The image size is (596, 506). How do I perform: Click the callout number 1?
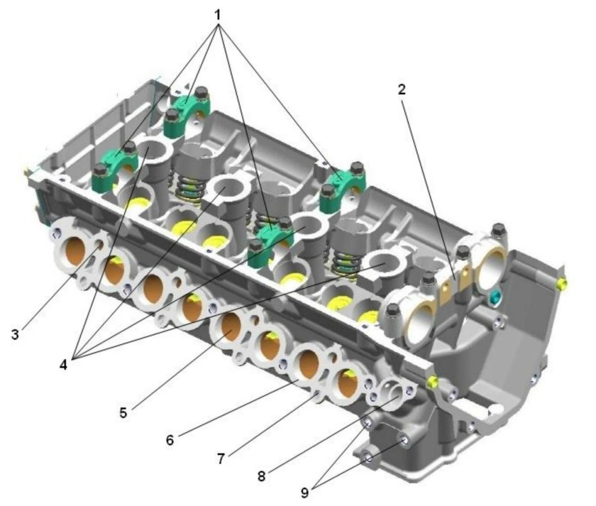coord(217,15)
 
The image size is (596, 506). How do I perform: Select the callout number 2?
coord(402,89)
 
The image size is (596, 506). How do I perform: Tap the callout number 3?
coord(15,334)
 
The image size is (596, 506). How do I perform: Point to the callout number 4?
coord(63,365)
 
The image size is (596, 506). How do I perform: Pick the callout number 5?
coord(123,412)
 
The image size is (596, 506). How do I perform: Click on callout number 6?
coord(170,440)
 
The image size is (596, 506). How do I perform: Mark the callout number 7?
coord(221,459)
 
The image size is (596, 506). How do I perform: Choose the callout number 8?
coord(262,476)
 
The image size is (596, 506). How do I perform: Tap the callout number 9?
coord(305,493)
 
